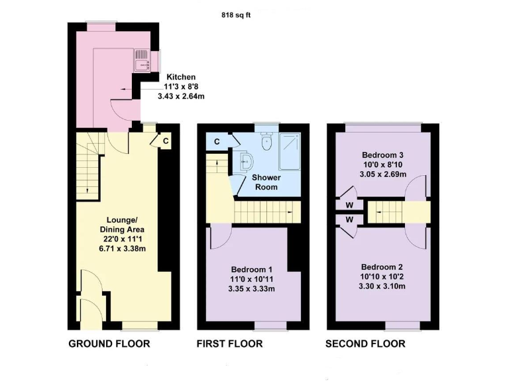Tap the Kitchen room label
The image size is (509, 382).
181,77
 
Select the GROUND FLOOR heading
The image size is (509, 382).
109,344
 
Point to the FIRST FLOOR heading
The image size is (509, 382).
229,344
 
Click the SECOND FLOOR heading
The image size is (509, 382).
365,344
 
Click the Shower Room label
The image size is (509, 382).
266,182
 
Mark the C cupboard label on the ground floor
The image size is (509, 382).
166,140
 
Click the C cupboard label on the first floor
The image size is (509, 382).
217,141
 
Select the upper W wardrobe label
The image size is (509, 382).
349,205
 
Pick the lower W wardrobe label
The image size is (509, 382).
349,220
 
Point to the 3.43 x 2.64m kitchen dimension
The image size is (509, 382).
181,96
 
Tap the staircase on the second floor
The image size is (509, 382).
386,213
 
